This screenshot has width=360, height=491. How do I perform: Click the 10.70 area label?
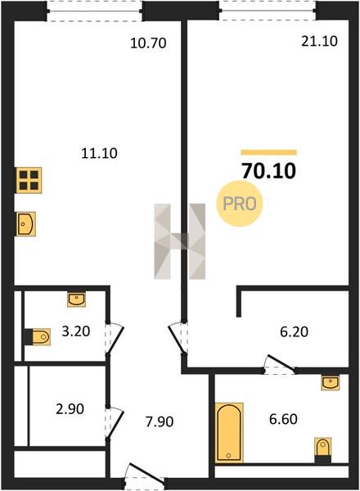148,43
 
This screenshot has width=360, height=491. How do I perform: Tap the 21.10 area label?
319,41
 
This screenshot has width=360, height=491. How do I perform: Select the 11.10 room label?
99,154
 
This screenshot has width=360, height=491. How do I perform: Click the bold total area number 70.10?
269,171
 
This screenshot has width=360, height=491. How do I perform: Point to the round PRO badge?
240,204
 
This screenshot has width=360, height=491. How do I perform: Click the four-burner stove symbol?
29,180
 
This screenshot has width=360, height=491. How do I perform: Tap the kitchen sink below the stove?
26,224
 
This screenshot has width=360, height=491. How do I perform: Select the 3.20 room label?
76,331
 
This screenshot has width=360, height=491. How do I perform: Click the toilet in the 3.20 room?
38,337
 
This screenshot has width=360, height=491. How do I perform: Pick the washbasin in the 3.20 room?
76,299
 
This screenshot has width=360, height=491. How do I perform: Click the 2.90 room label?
70,409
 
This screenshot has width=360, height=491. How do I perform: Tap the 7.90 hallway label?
160,421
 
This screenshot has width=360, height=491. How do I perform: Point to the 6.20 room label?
295,332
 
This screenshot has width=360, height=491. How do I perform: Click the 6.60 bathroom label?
283,419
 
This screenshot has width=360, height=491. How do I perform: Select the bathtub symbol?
229,432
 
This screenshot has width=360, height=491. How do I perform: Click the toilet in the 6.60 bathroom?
322,450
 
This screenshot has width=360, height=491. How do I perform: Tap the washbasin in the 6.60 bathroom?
331,383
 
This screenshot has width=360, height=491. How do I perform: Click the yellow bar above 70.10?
268,152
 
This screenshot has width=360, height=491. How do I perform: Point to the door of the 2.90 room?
115,423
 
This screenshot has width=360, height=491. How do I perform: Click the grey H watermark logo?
180,241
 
